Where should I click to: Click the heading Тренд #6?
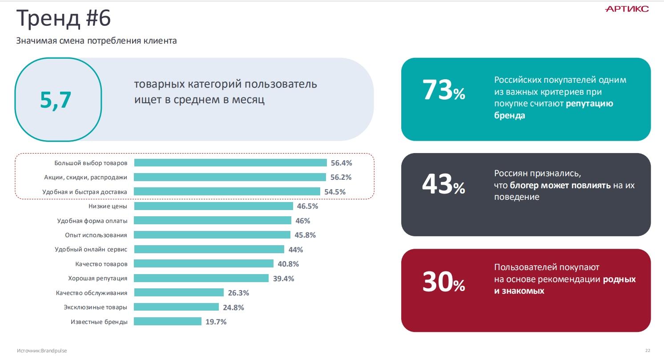63,19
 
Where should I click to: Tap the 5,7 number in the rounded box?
56,100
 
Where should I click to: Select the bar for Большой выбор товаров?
230,163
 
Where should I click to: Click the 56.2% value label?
341,177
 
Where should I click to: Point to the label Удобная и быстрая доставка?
85,192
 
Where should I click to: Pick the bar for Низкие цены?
213,206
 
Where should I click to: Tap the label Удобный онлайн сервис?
91,249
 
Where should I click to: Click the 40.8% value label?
288,264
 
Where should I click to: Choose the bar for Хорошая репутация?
201,278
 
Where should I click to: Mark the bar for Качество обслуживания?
179,292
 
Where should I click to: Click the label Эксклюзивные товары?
95,307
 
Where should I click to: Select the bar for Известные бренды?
167,321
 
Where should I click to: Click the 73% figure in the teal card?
443,90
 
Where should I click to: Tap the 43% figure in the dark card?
443,185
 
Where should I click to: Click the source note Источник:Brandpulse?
42,351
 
